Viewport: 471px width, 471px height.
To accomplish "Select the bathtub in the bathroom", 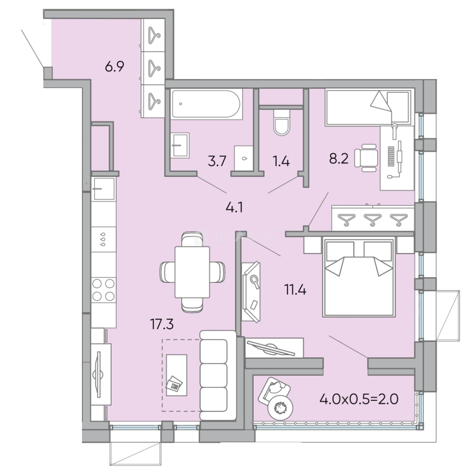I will pos(205,104).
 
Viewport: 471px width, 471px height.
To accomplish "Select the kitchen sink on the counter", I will pos(103,188).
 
